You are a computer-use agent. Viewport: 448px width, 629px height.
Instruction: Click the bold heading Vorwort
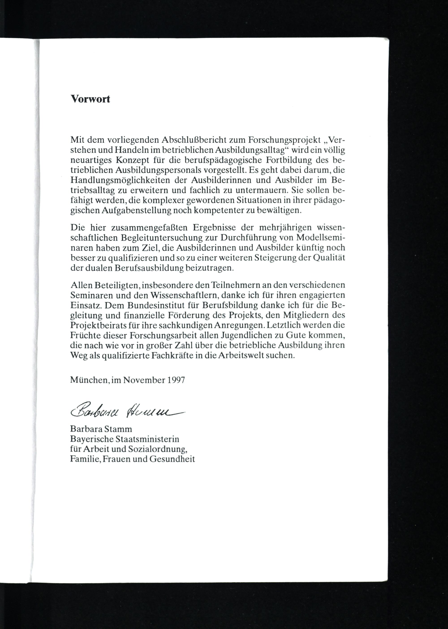90,99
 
